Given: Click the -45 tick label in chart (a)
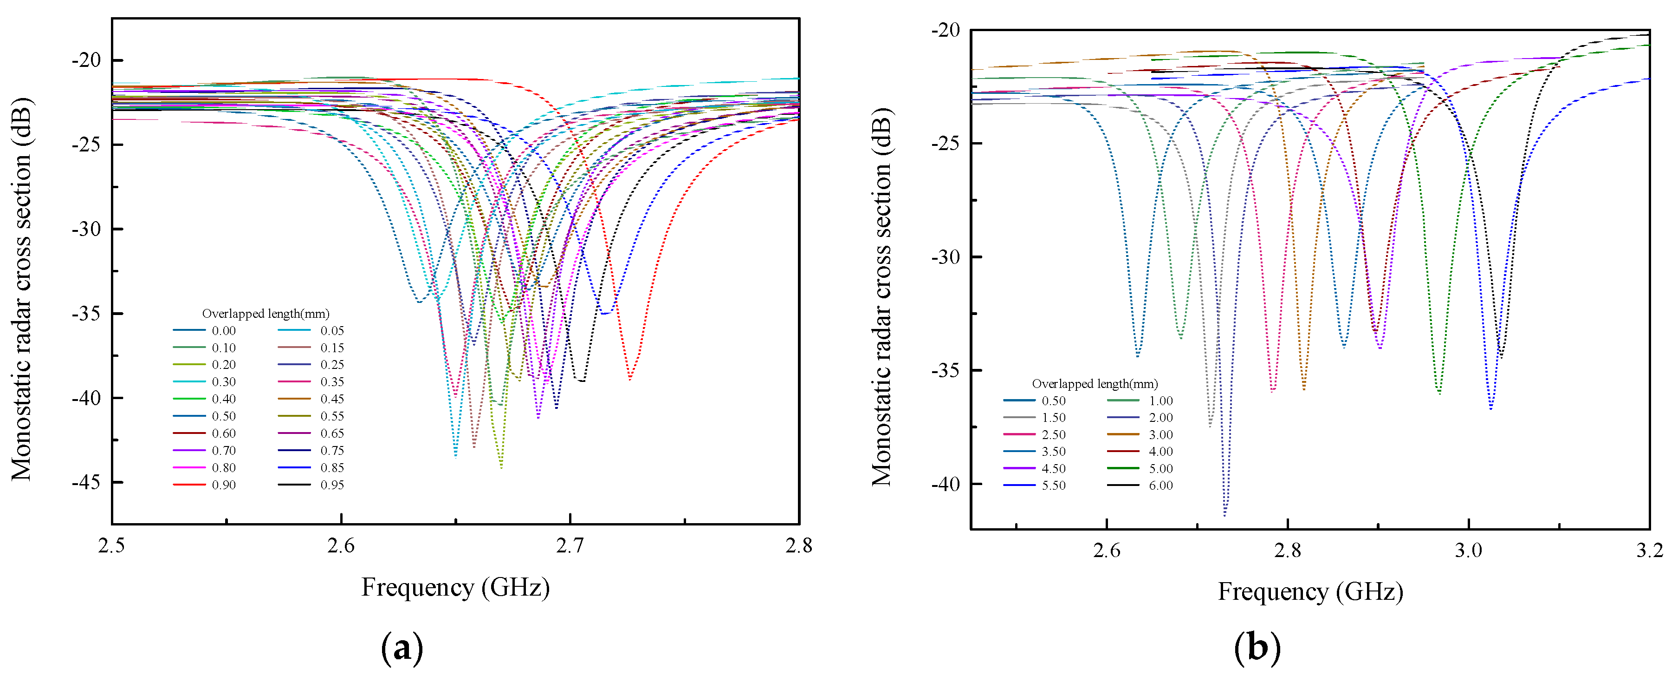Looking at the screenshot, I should click(86, 482).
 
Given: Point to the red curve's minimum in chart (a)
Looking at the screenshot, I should click(629, 379).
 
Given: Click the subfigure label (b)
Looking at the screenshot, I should click(1257, 648).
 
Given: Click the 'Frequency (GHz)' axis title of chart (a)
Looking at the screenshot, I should click(455, 587).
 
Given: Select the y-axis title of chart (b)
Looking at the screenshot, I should click(881, 296).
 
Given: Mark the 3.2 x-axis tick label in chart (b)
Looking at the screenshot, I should click(1649, 551).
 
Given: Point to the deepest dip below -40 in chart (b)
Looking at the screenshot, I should click(1224, 514).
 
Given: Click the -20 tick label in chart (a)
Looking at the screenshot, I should click(86, 60).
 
